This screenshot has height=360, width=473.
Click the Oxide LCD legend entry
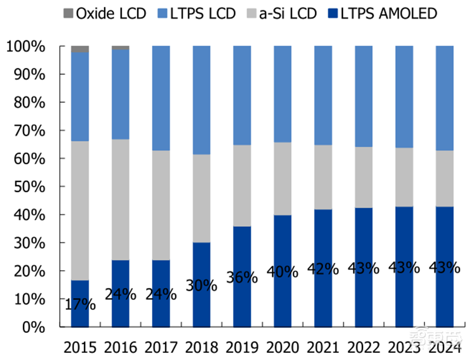click(x=103, y=12)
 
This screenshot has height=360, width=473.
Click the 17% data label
click(x=80, y=305)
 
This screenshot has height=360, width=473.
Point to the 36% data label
click(x=242, y=277)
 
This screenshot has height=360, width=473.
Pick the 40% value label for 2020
click(x=283, y=272)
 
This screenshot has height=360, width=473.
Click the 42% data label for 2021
click(x=323, y=269)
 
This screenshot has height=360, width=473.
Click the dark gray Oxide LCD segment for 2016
click(x=121, y=48)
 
